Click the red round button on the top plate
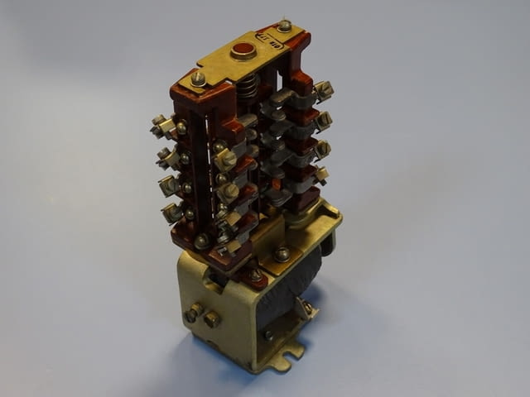pyautogui.click(x=243, y=50)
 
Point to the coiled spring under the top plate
pyautogui.click(x=247, y=86)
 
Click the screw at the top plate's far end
pyautogui.click(x=284, y=26)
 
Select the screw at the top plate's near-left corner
pyautogui.click(x=198, y=79)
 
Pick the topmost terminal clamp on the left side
pyautogui.click(x=161, y=127)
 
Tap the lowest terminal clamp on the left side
pyautogui.click(x=171, y=213)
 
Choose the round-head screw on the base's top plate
pyautogui.click(x=282, y=254)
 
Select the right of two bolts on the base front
pyautogui.click(x=212, y=318)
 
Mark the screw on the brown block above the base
pyautogui.click(x=203, y=241)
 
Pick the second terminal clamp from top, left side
pyautogui.click(x=166, y=155)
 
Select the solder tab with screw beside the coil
pyautogui.click(x=307, y=308)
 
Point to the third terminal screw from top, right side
pyautogui.click(x=322, y=149)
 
